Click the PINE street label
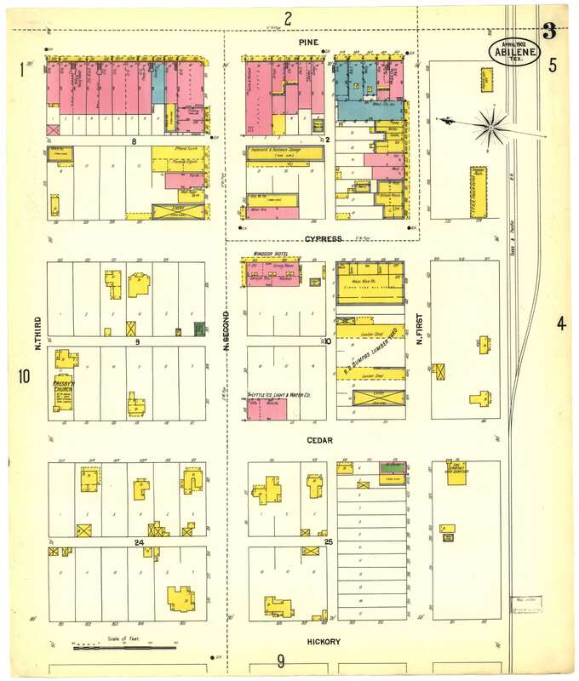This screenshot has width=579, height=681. pos(307,41)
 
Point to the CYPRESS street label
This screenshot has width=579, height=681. pos(324,239)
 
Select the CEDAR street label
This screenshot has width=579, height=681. pos(320,440)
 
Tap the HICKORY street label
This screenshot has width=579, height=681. pos(323,641)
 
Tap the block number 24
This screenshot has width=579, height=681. pos(139,541)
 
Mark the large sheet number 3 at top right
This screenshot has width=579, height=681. pos(549,32)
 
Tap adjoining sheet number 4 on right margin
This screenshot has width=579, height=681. pos(560,323)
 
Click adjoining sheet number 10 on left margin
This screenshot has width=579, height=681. pos(24,375)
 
